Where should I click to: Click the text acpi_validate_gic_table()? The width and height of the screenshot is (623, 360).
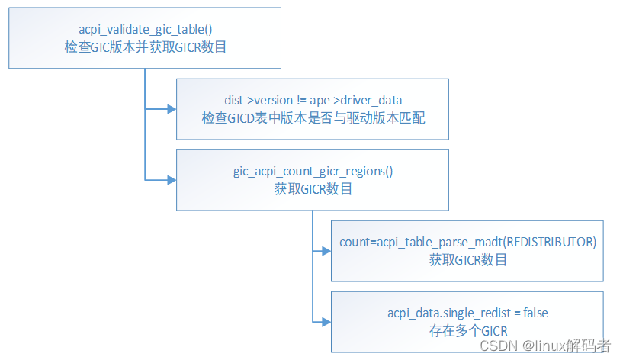pos(145,30)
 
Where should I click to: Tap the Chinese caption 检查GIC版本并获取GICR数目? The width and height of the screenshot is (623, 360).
pos(145,47)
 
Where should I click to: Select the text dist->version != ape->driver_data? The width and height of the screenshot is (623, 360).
pos(313,100)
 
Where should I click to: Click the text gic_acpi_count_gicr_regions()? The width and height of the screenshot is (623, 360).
pos(313,172)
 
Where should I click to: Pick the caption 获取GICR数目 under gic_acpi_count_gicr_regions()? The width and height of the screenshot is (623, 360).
pos(313,189)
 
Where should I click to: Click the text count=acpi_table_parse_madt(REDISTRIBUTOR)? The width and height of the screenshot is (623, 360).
pos(467,242)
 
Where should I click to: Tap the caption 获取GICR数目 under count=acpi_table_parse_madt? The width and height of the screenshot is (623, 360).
pos(467,259)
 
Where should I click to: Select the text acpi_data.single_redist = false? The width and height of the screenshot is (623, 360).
pos(467,313)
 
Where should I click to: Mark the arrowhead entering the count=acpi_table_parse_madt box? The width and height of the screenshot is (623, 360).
pos(326,249)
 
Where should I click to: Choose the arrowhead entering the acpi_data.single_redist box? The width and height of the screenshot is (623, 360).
pos(326,321)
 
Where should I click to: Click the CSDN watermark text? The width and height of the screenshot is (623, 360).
pos(496,346)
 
